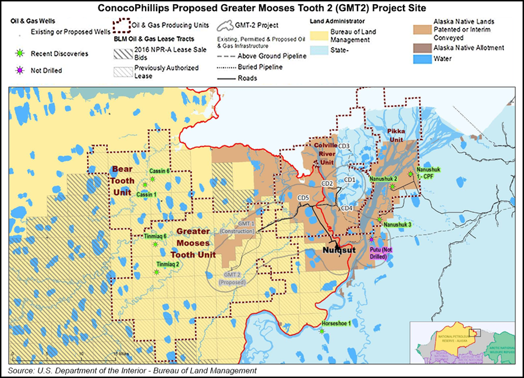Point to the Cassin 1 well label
(x=147, y=194)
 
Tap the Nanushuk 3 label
(x=398, y=224)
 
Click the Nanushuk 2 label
(x=383, y=179)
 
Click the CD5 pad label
(x=303, y=198)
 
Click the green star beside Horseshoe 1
(x=322, y=331)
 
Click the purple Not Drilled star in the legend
(x=19, y=70)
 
